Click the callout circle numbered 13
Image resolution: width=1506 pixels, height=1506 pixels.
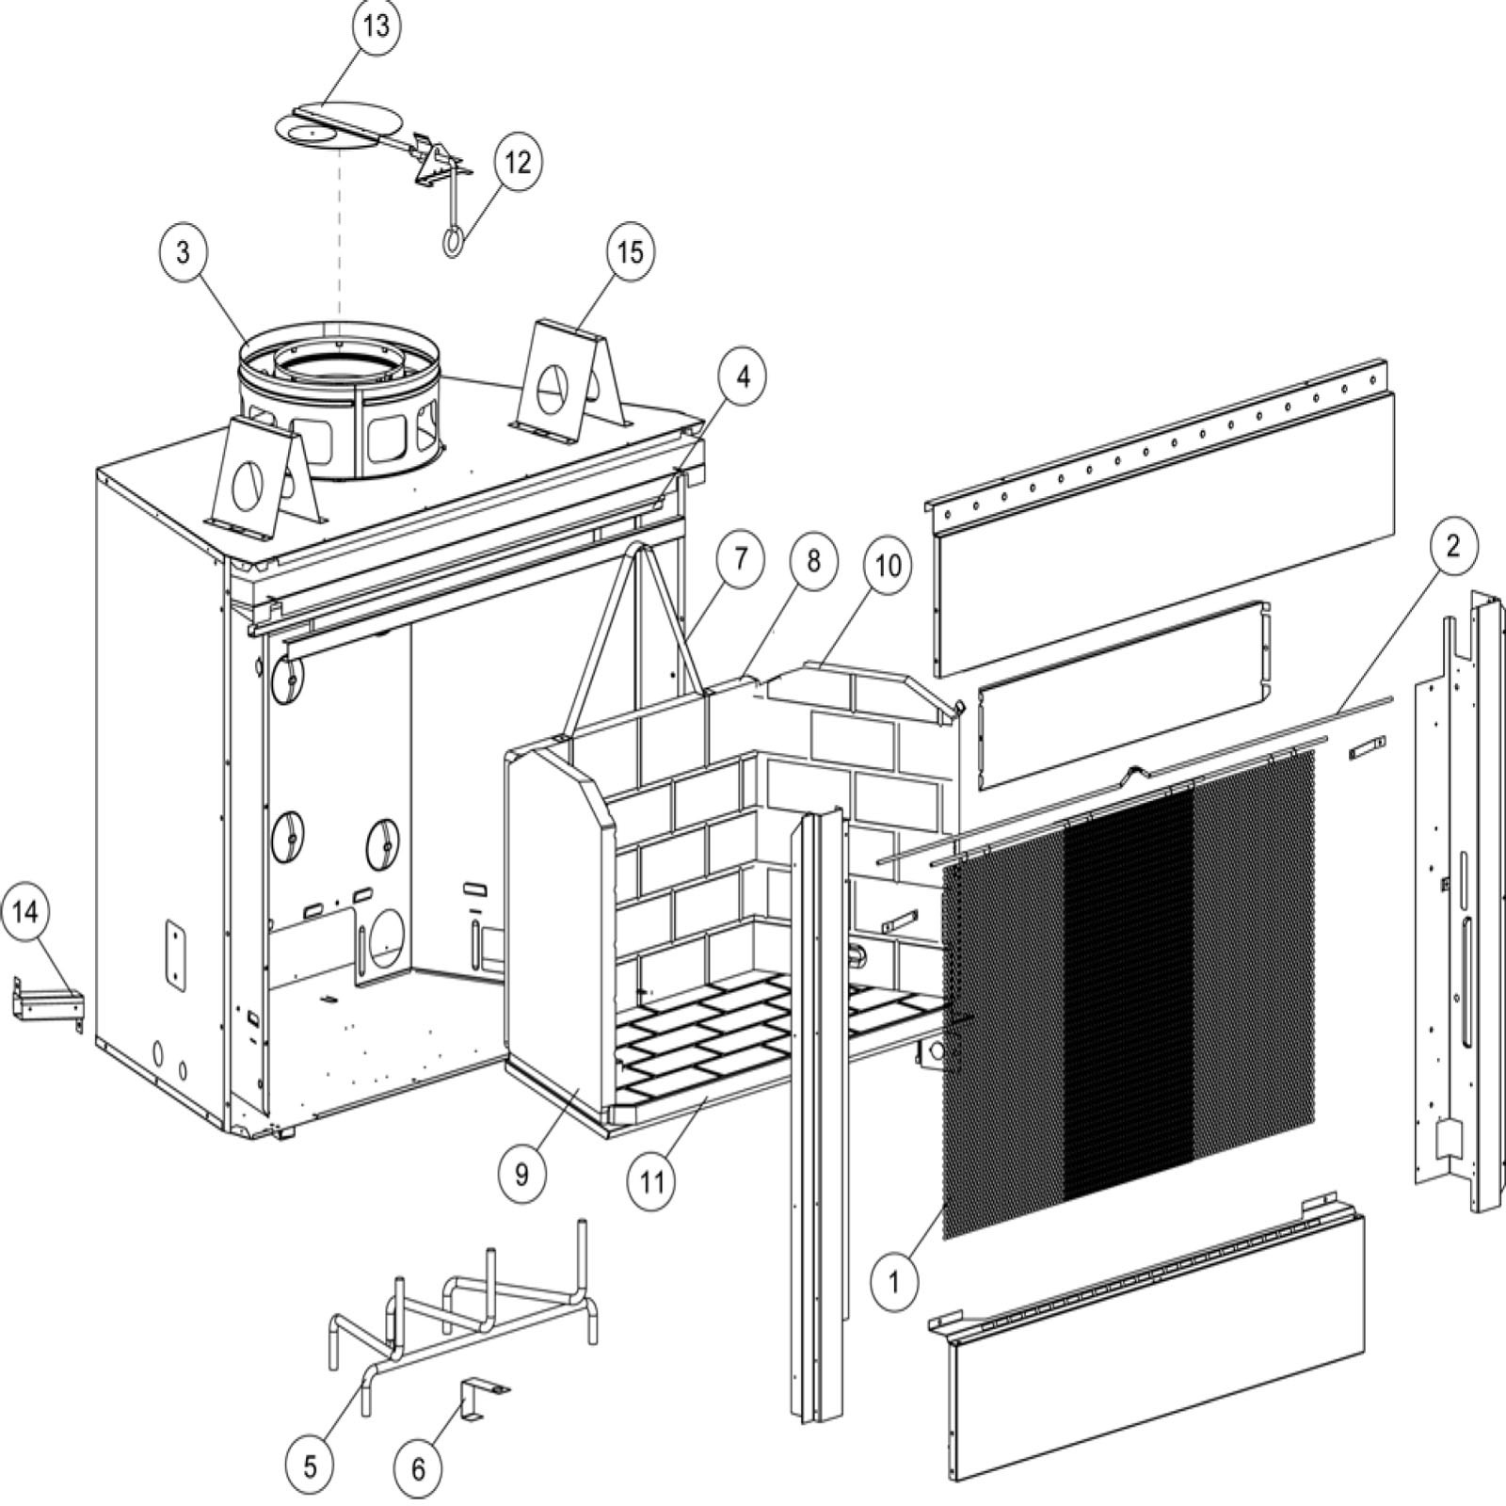376,26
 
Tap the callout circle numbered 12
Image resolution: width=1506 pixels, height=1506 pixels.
518,162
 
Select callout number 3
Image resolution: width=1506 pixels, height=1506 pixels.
184,252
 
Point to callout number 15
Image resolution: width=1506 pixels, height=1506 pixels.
630,252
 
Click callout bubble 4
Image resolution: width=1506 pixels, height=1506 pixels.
744,376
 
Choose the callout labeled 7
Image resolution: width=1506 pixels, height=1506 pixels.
740,559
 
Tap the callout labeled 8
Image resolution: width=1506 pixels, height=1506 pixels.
813,562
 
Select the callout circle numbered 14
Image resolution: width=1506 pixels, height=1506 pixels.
27,913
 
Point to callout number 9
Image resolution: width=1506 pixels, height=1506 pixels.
521,1174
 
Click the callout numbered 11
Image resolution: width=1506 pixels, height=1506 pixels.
652,1182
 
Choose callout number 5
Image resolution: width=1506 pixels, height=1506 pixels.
311,1466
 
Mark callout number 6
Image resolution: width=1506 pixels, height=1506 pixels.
419,1468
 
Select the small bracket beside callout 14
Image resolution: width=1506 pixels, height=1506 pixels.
45,1007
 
